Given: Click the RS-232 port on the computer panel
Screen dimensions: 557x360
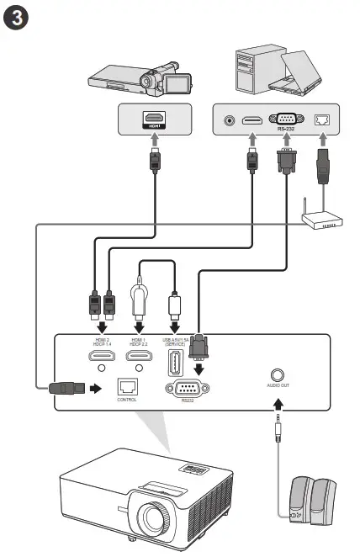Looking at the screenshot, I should click(x=283, y=120).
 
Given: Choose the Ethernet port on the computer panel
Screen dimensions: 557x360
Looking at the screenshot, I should click(x=323, y=121).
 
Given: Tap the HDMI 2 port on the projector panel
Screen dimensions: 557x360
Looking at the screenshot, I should click(x=101, y=357).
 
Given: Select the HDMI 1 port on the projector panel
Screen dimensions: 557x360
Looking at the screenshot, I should click(x=139, y=357).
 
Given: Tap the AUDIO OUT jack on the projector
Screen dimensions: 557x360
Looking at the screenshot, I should click(x=277, y=376).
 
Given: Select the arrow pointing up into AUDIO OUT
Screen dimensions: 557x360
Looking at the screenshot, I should click(x=277, y=406).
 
